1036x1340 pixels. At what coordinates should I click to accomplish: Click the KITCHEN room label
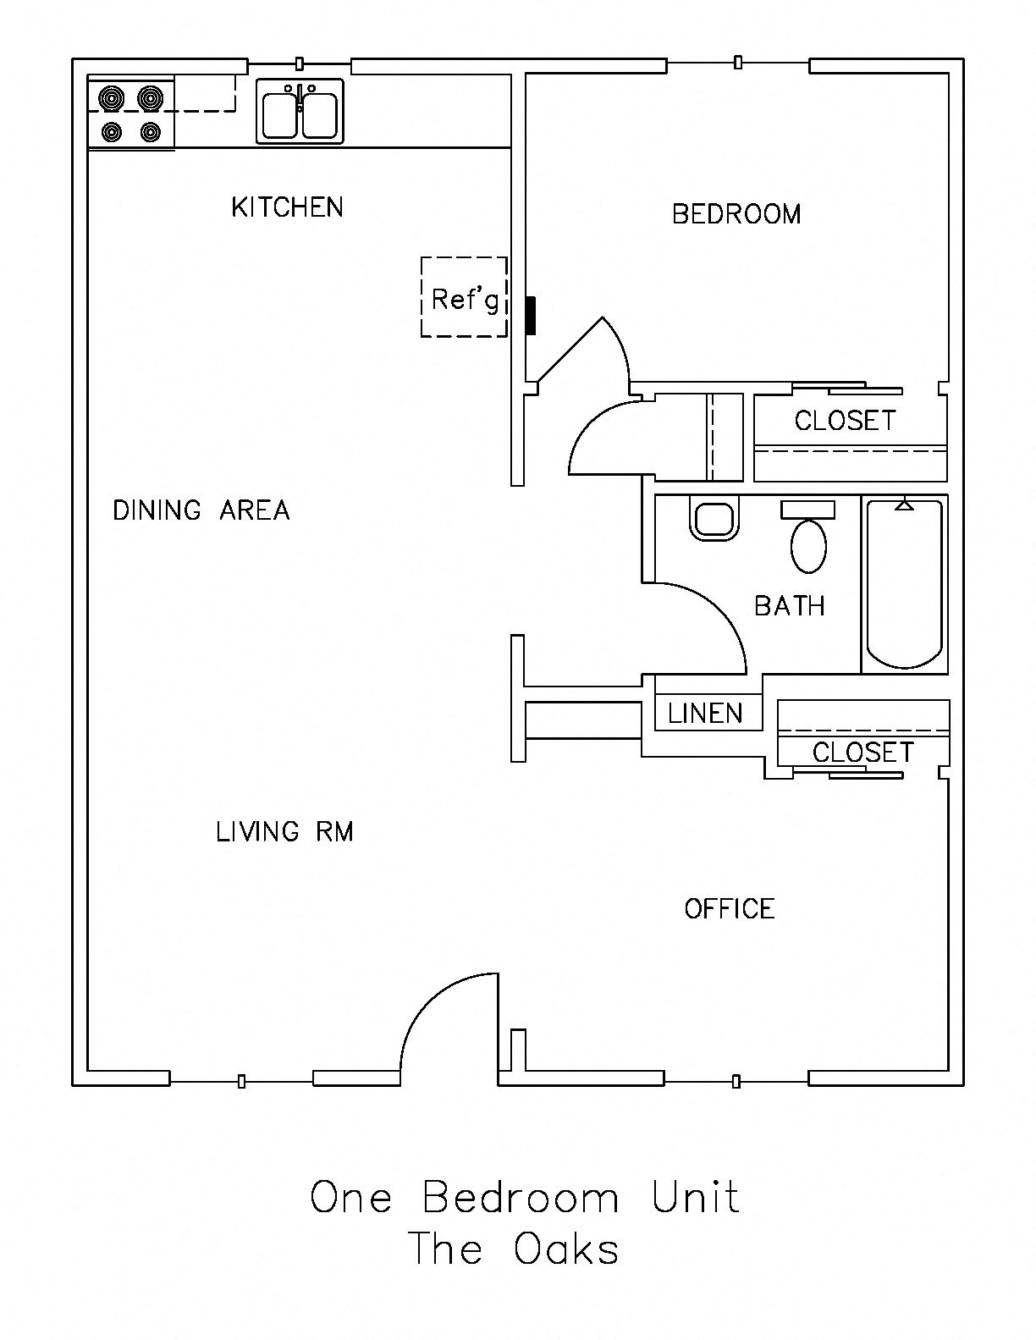click(x=287, y=207)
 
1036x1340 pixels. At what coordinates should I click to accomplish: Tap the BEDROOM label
click(x=736, y=214)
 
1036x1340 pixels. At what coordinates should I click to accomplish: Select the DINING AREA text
click(x=201, y=510)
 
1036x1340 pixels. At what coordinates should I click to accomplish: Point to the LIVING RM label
click(x=284, y=831)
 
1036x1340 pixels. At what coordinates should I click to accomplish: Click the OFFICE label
click(x=730, y=908)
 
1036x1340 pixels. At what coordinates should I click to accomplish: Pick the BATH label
click(x=790, y=605)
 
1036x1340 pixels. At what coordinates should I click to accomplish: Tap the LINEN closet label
click(x=705, y=714)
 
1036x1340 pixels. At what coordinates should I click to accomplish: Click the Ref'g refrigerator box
click(x=464, y=297)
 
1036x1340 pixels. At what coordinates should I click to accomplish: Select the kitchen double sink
click(x=300, y=112)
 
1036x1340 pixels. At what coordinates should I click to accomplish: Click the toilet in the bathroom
click(x=808, y=538)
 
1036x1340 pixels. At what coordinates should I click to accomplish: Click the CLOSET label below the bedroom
click(x=845, y=421)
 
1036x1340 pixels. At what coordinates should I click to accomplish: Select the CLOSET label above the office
click(x=862, y=752)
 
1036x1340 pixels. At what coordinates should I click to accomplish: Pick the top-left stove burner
click(x=113, y=98)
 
